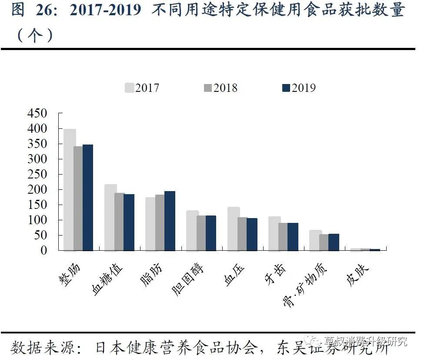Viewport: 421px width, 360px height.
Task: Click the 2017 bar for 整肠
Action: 70,190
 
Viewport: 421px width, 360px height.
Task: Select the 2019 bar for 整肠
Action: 88,197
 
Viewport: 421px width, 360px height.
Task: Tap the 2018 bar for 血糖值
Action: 119,222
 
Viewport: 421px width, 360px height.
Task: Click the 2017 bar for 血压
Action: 234,229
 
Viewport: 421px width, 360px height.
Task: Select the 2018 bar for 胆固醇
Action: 201,233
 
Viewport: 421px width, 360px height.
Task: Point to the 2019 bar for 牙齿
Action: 293,236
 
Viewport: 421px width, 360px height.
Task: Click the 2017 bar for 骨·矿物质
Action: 315,240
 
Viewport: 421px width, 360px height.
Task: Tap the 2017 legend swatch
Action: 129,88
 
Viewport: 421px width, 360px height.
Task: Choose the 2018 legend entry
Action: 220,88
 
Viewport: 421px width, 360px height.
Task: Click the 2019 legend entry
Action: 298,88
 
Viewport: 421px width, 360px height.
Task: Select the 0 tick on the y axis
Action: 43,250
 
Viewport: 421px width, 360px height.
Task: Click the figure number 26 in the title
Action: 46,10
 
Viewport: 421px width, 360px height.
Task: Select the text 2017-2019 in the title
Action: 106,10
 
